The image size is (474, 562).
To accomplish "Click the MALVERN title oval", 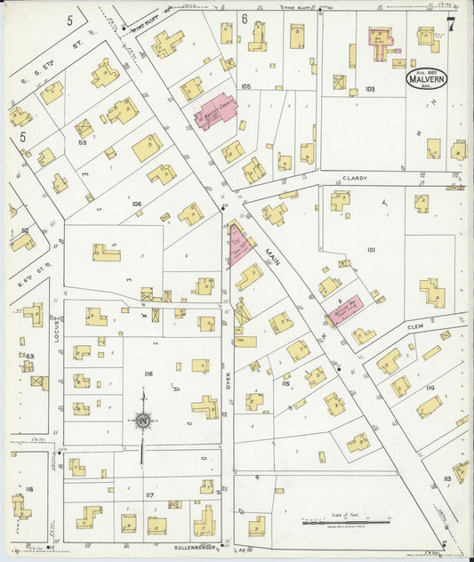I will (427, 77).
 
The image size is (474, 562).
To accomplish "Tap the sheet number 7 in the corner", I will (452, 24).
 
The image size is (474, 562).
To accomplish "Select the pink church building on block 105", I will (215, 112).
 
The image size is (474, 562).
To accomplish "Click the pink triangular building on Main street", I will (238, 245).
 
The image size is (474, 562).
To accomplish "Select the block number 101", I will (371, 250).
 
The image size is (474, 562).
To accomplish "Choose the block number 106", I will (136, 204).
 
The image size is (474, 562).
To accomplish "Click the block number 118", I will (29, 489).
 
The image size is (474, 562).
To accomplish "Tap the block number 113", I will (447, 478).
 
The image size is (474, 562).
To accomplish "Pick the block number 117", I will (150, 494).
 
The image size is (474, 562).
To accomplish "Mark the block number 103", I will (370, 89).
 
